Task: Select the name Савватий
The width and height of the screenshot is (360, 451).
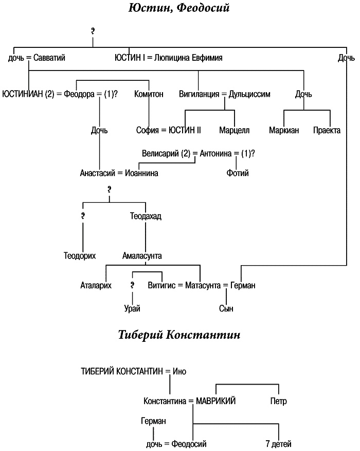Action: coord(49,58)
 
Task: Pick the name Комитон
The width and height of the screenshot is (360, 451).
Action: coord(149,94)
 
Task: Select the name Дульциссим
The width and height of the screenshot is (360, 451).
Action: coord(250,94)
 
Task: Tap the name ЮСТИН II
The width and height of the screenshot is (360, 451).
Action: coord(185,130)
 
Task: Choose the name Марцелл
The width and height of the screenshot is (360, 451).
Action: coord(234,130)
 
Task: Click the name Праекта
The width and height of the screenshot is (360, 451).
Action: coord(327,130)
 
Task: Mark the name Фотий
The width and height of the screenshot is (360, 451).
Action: coord(238,173)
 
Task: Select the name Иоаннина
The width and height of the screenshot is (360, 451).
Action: coord(141,173)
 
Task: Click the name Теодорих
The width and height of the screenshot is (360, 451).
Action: coord(80,255)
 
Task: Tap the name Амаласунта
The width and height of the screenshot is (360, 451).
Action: coord(142,255)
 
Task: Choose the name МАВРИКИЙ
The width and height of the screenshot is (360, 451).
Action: coord(215,401)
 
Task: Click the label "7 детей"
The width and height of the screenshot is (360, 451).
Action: coord(278,443)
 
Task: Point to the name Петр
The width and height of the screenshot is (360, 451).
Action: coord(278,401)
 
